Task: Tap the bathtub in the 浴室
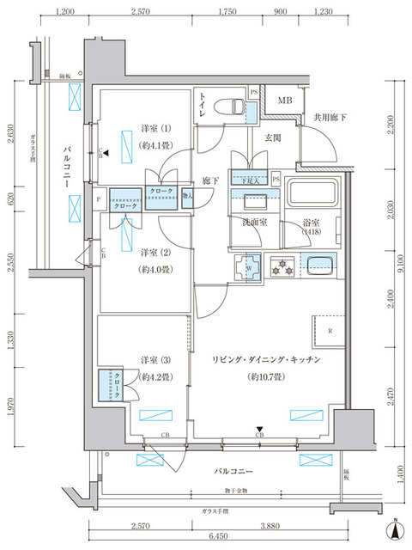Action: [314, 199]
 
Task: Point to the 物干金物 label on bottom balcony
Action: [233, 491]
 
